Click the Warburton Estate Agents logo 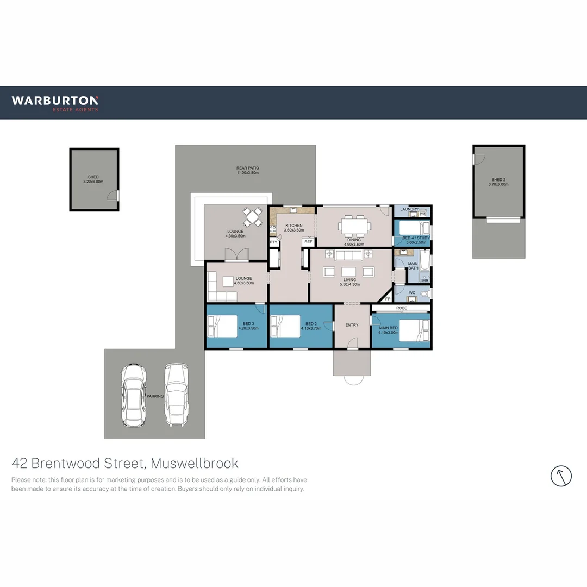point(55,103)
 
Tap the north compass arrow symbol point(561,476)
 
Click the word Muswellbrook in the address point(195,464)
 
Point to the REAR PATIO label point(247,170)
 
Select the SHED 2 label point(498,182)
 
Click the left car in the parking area point(133,395)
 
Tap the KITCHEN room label point(294,228)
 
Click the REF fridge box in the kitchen point(308,242)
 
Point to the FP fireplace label point(388,299)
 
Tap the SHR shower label point(424,280)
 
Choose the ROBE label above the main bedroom point(401,308)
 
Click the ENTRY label point(352,325)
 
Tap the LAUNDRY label point(409,209)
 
